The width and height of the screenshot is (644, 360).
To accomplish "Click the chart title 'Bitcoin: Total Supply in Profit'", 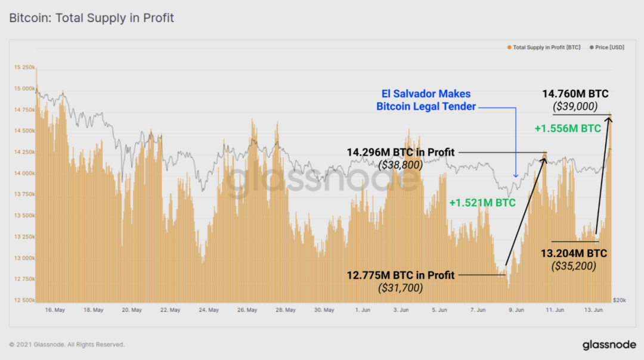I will (91, 18).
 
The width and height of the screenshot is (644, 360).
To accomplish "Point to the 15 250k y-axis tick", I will (24, 67).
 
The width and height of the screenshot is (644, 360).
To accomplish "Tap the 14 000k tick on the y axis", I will (24, 173).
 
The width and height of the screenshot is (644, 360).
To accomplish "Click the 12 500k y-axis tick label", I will (24, 300).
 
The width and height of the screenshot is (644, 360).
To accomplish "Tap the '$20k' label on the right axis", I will (618, 299).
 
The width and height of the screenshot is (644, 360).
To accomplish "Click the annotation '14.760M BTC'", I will (576, 93).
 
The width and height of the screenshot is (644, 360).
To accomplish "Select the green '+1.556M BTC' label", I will (567, 128).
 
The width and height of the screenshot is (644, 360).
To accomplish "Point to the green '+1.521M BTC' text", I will (482, 203).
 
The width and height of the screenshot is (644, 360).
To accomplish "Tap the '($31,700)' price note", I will (400, 288).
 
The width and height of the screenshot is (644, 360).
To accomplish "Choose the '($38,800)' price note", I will (400, 165).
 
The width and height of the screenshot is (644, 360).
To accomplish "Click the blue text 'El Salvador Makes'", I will (426, 94).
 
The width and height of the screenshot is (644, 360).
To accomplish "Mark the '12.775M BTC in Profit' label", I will (401, 275).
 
